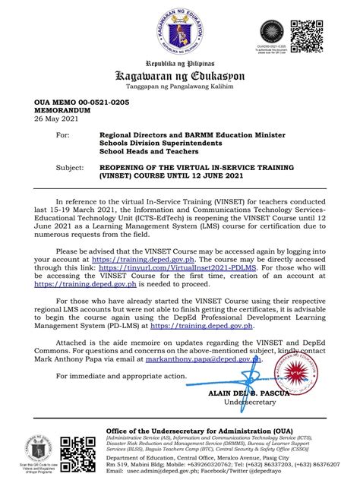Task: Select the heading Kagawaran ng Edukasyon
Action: [x=180, y=75]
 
